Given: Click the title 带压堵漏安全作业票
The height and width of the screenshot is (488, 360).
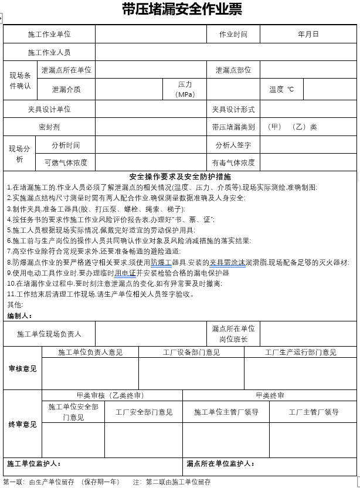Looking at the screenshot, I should click(x=182, y=9).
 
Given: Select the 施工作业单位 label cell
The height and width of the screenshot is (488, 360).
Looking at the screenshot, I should click(x=49, y=35).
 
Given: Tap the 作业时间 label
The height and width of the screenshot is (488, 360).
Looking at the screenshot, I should click(x=233, y=35).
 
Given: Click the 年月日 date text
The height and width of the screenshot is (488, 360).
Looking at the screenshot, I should click(x=308, y=35).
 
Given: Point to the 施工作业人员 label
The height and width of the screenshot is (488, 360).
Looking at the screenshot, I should click(x=49, y=53).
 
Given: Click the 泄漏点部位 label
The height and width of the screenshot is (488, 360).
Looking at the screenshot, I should click(x=233, y=70).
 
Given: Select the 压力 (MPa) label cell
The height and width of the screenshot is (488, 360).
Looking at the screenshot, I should click(x=185, y=90).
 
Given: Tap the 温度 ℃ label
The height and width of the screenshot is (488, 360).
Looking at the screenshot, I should click(x=281, y=90).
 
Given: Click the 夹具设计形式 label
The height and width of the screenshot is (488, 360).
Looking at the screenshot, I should click(x=233, y=110).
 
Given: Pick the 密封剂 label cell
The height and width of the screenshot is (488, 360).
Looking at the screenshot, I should click(x=49, y=127).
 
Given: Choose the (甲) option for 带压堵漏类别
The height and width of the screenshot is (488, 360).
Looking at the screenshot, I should click(x=274, y=127).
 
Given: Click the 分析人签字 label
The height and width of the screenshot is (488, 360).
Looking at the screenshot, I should click(x=233, y=145).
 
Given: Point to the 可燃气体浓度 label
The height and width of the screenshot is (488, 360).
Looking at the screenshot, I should click(x=66, y=162).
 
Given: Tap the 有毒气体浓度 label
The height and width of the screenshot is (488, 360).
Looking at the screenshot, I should click(x=233, y=162).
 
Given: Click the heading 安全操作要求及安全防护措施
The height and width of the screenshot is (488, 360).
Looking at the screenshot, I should click(x=180, y=177).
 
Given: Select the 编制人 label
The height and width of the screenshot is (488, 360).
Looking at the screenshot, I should click(x=19, y=316).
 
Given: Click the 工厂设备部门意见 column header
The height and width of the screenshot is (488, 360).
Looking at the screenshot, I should click(x=191, y=353).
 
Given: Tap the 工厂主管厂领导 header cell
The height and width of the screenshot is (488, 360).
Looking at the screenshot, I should click(x=313, y=412).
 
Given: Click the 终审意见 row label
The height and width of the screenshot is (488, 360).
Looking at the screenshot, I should click(x=22, y=425).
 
